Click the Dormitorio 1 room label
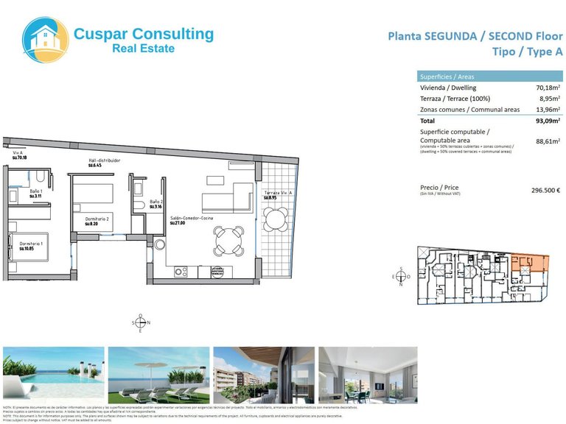pyautogui.click(x=32, y=244)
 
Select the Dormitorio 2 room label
pyautogui.click(x=97, y=219)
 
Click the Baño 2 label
pyautogui.click(x=156, y=202)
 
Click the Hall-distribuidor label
pyautogui.click(x=104, y=160)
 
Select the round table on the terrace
pyautogui.click(x=277, y=218)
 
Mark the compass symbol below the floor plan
pyautogui.click(x=141, y=322)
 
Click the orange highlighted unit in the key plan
pyautogui.click(x=528, y=263)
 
